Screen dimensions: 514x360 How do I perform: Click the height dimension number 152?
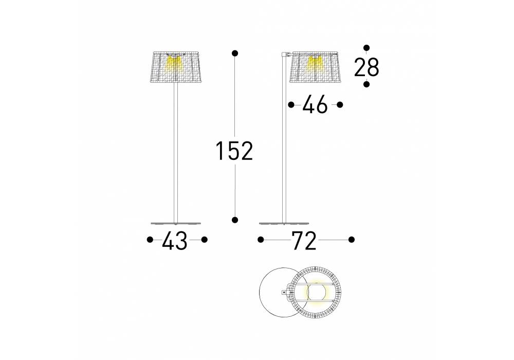pos(234,151)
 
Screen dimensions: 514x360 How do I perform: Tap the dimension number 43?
pos(175,241)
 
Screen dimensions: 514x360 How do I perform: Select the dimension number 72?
pos(304,241)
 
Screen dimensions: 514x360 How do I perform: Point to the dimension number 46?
pos(315,104)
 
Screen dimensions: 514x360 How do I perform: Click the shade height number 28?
pos(367,67)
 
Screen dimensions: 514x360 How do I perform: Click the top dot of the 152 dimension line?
pos(235,53)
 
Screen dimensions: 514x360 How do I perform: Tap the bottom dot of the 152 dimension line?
pos(235,220)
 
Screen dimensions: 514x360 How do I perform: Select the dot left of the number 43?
pos(150,240)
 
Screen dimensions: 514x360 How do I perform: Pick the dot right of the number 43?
pos(204,240)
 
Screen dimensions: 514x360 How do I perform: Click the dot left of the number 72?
pos(261,240)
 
